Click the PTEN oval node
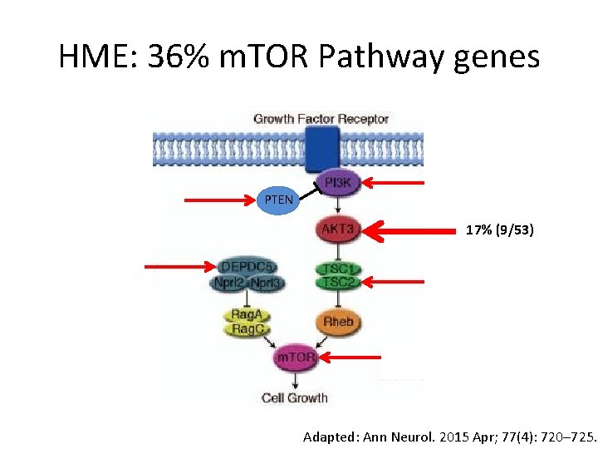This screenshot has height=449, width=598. [x=278, y=200]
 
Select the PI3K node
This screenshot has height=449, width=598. [x=337, y=183]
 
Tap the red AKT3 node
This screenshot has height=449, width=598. [x=338, y=228]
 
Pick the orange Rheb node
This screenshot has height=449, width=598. [x=338, y=321]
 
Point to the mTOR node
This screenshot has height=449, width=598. [x=296, y=358]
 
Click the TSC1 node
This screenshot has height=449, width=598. [x=339, y=269]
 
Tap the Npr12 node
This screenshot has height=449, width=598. [x=229, y=283]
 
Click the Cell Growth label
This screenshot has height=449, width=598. [x=295, y=397]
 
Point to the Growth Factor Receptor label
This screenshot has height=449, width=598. [x=321, y=119]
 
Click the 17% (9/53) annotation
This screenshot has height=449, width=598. [x=499, y=229]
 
